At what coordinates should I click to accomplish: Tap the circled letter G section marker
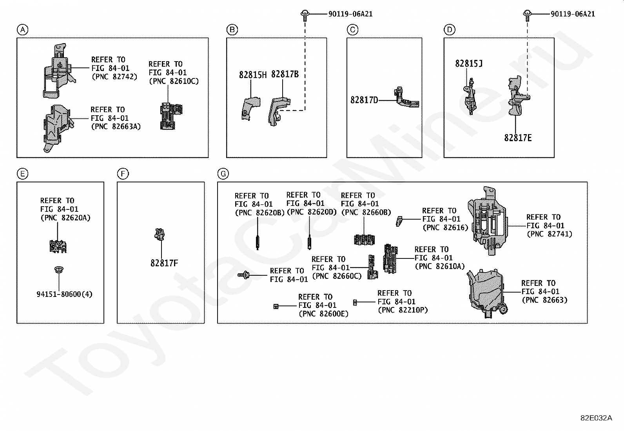coord(223,174)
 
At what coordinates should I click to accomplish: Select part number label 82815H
coord(253,75)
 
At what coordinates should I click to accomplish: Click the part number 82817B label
coord(285,74)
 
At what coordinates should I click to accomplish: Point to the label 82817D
coord(364,100)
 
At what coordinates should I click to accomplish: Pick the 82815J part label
coord(469,63)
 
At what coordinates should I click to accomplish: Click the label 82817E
coord(518,138)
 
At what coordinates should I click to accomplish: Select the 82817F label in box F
coord(164,263)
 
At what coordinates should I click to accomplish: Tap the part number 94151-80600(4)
coord(64,294)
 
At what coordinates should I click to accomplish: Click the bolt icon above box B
coord(304,15)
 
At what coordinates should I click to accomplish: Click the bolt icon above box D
coord(527,15)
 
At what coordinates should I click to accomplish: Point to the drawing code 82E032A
coord(596,418)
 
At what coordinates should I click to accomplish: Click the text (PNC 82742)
coord(114,76)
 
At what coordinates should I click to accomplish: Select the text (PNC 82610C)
coord(174,81)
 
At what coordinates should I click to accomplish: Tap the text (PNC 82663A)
coord(116,126)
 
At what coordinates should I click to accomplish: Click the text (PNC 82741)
coord(550,234)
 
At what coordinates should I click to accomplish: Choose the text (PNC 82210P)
coord(403,310)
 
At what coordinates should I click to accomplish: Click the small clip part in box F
coord(159,234)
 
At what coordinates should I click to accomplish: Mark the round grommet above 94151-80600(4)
coord(59,270)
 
